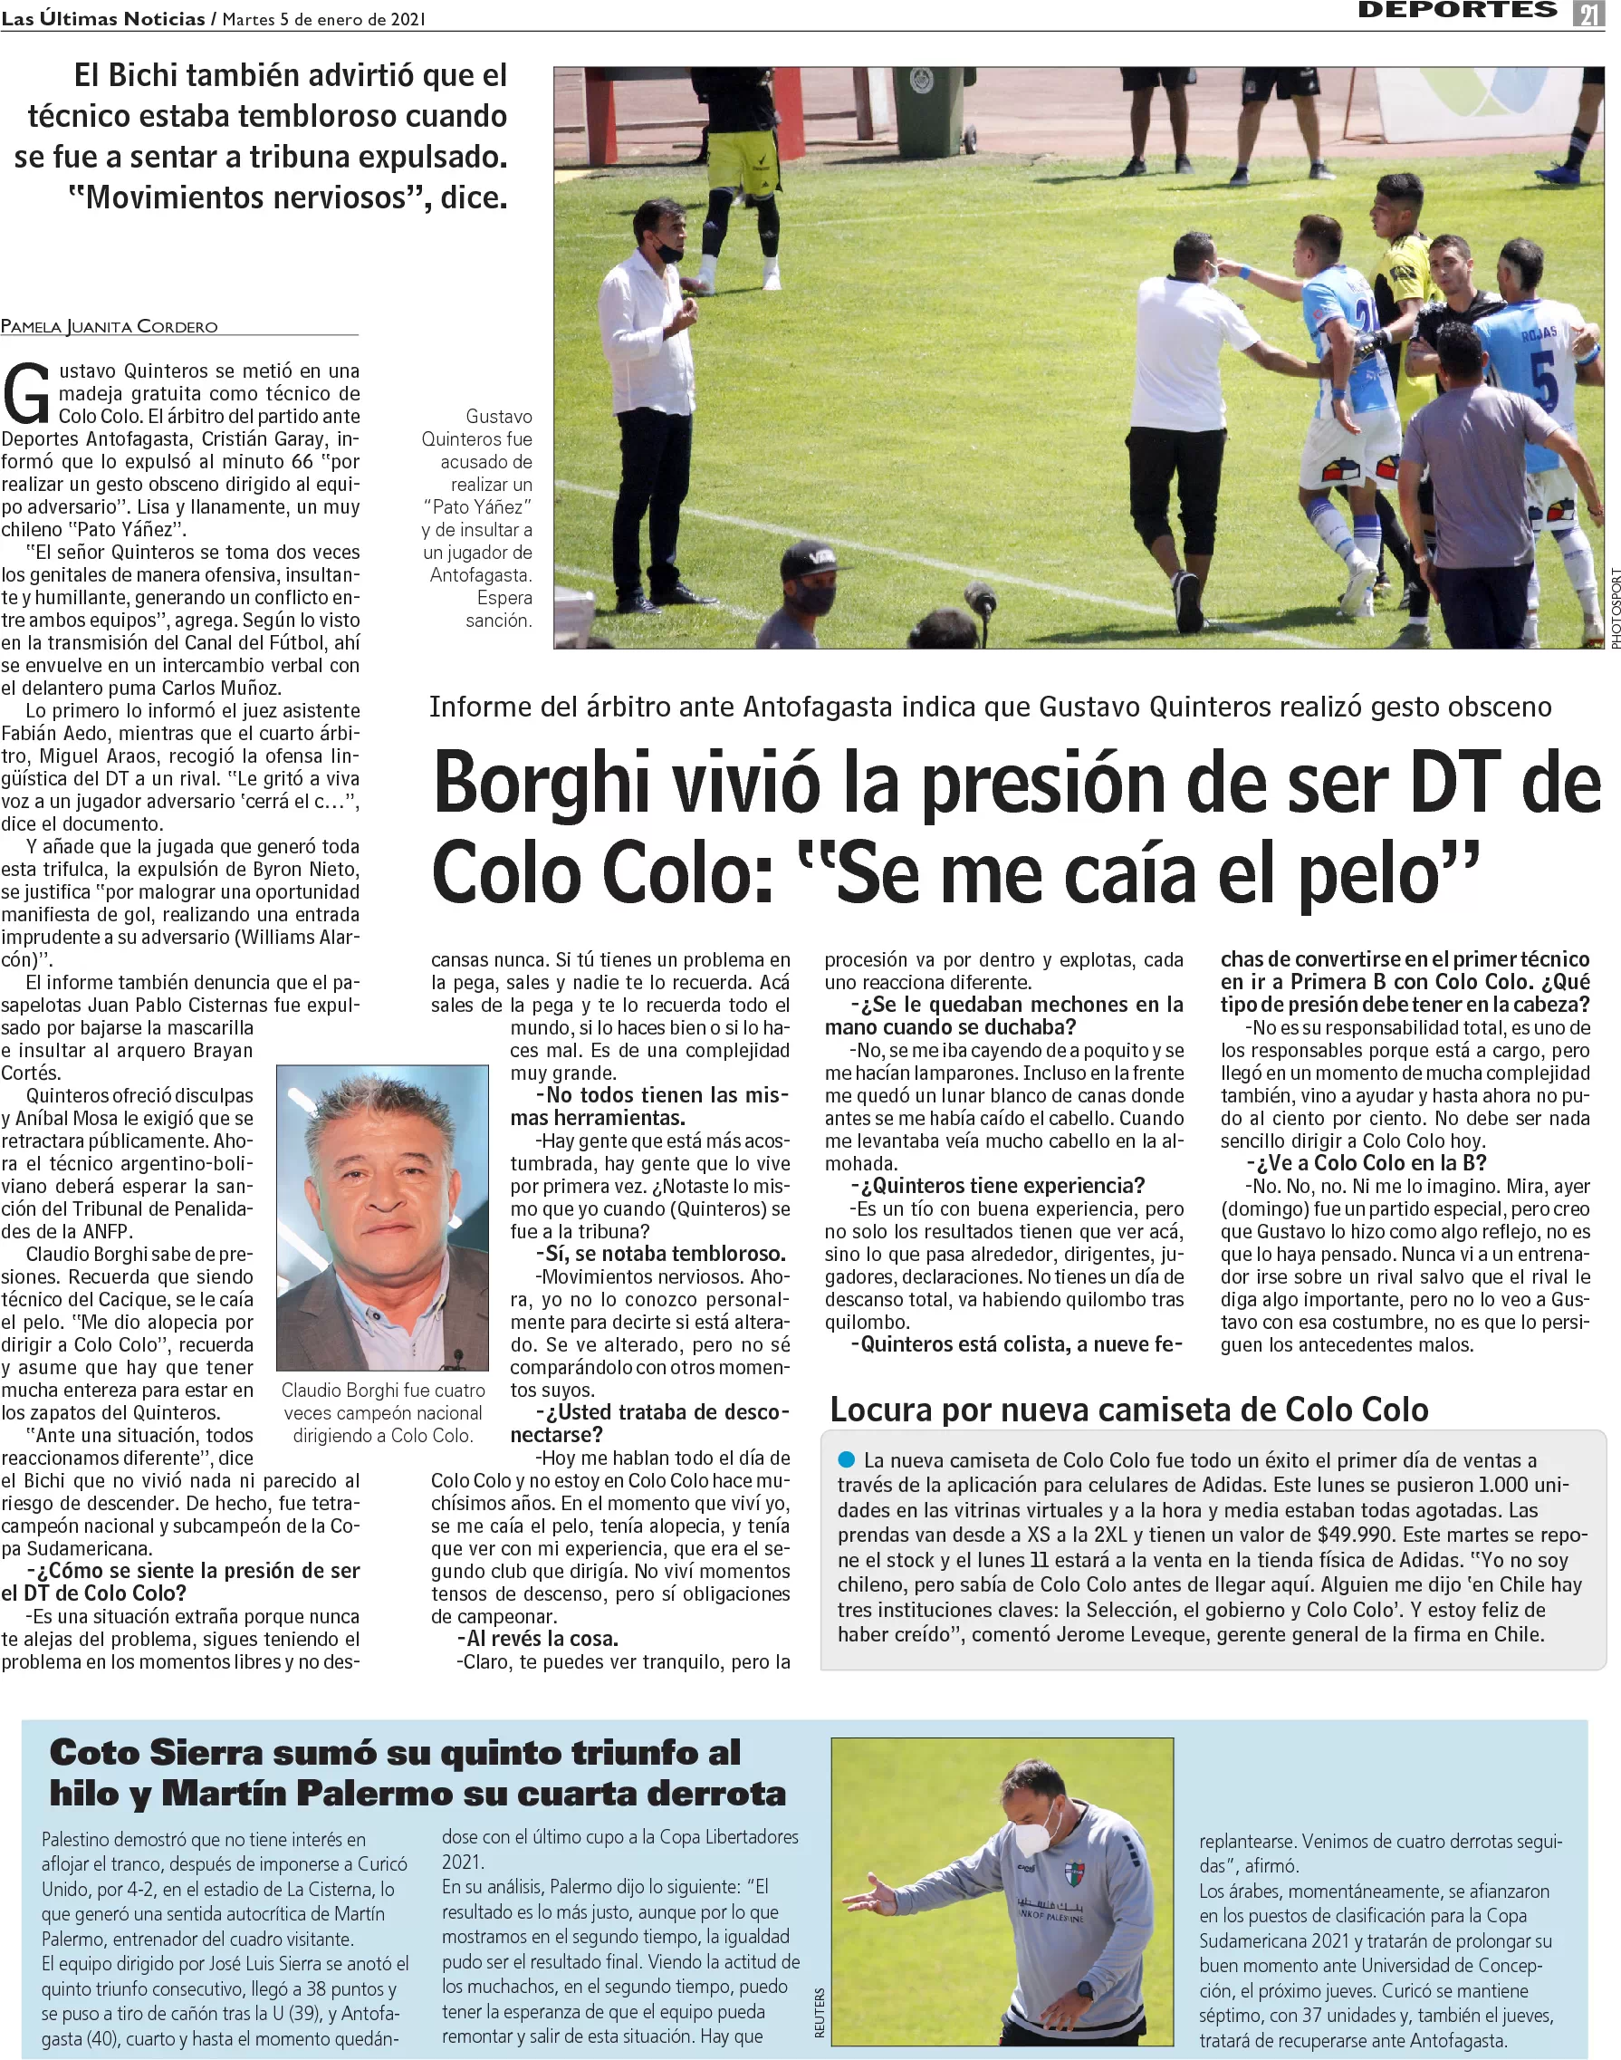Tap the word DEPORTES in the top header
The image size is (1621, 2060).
[1457, 11]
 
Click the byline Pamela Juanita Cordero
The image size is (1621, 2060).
[110, 326]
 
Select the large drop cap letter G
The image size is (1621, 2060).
[26, 393]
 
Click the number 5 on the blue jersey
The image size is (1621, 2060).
[1545, 380]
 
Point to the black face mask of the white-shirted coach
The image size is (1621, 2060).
[668, 253]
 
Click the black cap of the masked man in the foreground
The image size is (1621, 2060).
[811, 562]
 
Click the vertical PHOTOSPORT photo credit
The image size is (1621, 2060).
[1615, 609]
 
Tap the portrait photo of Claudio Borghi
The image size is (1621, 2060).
[382, 1217]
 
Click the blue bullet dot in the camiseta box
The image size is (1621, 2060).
[847, 1459]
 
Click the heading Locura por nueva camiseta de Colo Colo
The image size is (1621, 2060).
[1128, 1410]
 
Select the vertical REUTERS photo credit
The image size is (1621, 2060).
[819, 2013]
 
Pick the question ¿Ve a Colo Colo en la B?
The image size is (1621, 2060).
[1367, 1163]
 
